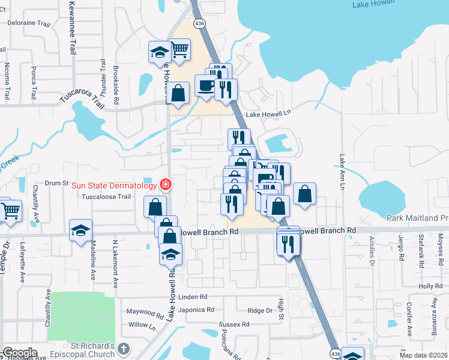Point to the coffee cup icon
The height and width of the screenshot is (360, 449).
[205, 85]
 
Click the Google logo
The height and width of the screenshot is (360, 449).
[20, 353]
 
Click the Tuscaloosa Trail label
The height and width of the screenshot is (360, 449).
[106, 196]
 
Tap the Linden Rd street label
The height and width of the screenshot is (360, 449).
[191, 297]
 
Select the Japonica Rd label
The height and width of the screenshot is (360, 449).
[197, 310]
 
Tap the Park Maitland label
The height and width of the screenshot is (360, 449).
[417, 218]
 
